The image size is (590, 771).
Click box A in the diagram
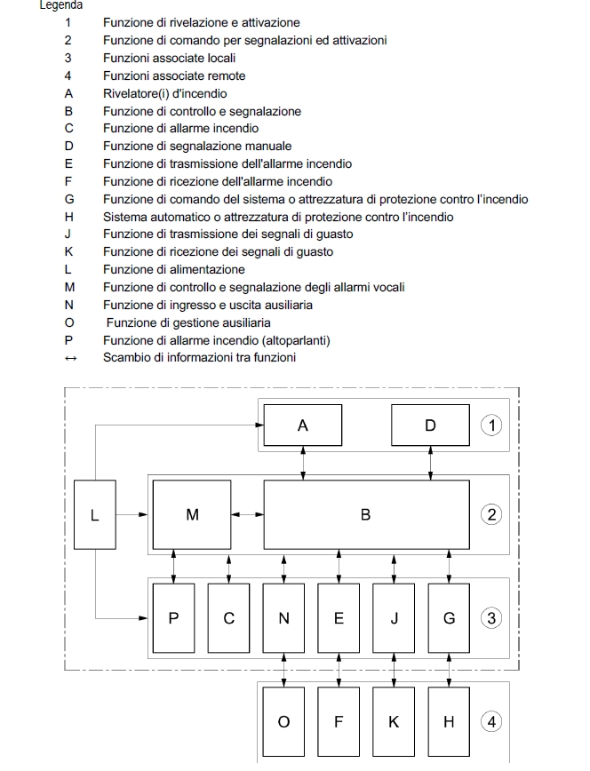pos(303,425)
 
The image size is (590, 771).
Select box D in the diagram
pos(430,425)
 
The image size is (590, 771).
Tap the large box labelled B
pos(365,514)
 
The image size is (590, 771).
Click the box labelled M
pos(192,514)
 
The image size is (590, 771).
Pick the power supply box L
pos(94,514)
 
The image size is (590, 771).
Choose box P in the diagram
pos(174,618)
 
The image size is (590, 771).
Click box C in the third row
pos(229,618)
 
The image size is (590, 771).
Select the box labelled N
pos(284,618)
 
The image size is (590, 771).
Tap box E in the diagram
pos(339,618)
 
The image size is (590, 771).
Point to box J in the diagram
pos(394,618)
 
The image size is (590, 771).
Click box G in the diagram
pos(449,618)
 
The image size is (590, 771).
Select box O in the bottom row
pos(284,722)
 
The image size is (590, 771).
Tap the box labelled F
pos(339,722)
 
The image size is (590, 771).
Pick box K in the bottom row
pos(394,722)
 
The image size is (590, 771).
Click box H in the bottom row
pos(449,722)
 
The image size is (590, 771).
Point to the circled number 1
pos(490,425)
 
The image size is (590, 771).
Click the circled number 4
pos(490,722)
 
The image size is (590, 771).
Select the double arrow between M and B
pos(246,514)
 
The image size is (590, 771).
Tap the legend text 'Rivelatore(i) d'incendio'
pos(164,93)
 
